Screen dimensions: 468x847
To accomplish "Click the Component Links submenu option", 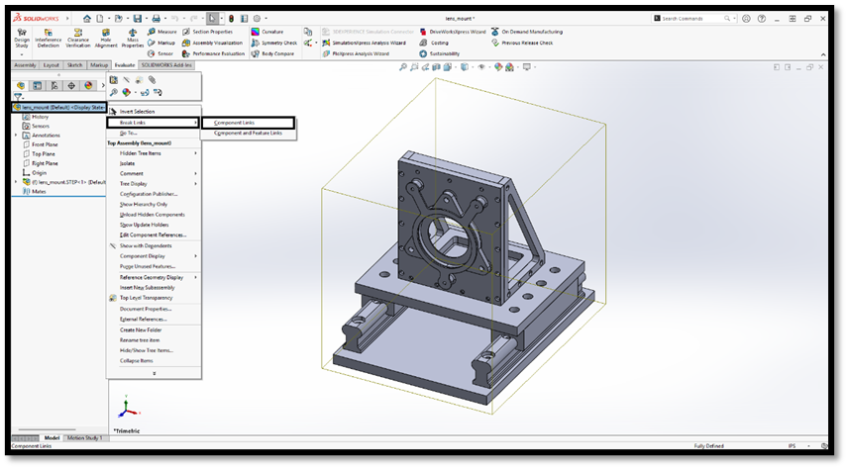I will point(235,123).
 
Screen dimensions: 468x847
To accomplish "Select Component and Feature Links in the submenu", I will point(248,133).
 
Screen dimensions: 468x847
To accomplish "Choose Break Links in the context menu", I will point(134,123).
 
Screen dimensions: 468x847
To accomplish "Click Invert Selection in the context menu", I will point(137,112).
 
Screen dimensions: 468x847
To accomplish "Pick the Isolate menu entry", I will point(128,163).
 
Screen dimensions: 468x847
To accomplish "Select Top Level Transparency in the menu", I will point(146,297).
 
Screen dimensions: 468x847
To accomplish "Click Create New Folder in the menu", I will point(141,329).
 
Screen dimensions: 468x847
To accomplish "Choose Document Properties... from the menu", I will point(146,309).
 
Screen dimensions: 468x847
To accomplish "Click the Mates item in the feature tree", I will point(39,191).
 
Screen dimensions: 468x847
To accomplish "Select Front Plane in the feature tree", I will point(45,144).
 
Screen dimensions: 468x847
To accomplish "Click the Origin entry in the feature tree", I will point(39,172).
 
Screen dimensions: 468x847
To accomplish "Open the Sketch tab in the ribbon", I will point(75,64).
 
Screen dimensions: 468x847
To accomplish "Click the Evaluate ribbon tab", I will point(125,64).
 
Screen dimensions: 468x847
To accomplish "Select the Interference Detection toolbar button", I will point(48,40).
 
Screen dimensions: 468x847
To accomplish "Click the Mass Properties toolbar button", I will point(132,40).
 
